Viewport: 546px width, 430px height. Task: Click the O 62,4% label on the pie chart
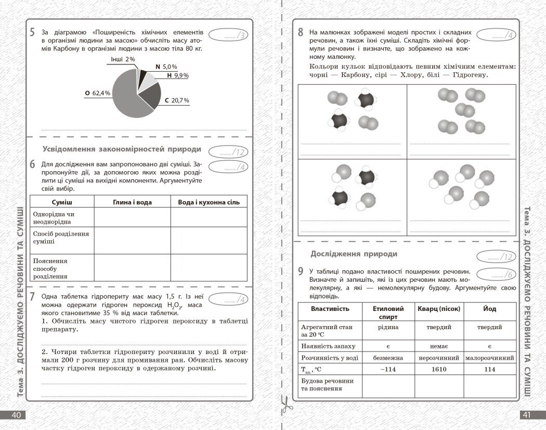pos(98,93)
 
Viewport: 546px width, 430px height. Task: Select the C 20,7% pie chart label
pos(177,100)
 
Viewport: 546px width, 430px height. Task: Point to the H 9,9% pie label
pos(178,75)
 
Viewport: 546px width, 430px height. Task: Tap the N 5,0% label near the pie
pos(166,67)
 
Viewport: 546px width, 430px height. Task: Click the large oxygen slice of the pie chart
pos(125,96)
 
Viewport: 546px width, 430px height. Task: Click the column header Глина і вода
pos(132,202)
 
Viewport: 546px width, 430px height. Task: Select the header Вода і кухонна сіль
pos(209,202)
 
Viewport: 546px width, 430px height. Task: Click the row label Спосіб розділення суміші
pos(61,238)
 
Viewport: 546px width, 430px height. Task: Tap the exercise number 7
pos(32,297)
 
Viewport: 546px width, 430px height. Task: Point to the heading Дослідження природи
pos(354,254)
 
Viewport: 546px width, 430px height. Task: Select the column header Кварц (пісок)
pos(439,309)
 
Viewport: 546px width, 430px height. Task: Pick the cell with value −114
pos(385,369)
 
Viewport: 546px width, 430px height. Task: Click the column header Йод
pos(489,309)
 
